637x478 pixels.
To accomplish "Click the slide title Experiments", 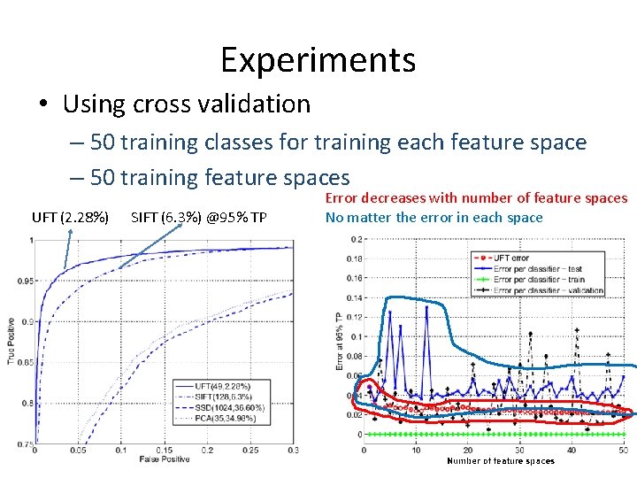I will [318, 60].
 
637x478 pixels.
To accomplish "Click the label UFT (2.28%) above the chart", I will [71, 218].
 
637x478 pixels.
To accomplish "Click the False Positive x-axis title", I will [164, 459].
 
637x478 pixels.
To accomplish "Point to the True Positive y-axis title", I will [11, 341].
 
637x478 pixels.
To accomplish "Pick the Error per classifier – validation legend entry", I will [544, 289].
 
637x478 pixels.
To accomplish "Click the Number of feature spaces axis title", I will [500, 460].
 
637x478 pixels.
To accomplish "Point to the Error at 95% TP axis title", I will [338, 341].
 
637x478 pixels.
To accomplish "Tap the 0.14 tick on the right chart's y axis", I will [354, 297].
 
